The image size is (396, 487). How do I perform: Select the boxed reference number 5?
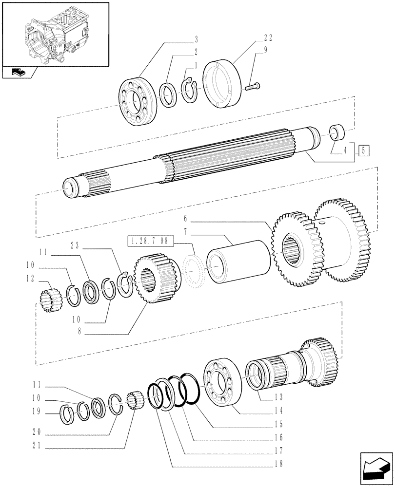point(364,150)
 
